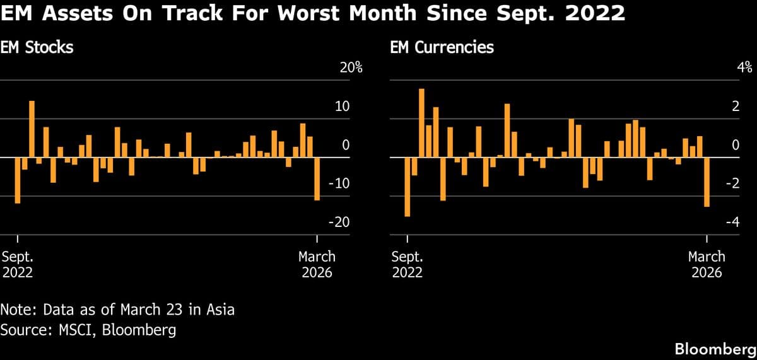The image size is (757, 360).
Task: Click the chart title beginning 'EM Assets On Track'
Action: point(313,14)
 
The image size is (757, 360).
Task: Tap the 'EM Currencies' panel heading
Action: point(442,47)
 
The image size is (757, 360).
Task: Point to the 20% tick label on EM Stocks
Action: point(351,68)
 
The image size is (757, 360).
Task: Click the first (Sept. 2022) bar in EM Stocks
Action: point(18,180)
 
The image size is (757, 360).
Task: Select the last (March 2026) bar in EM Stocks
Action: point(317,178)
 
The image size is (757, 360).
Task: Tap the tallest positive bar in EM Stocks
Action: point(32,129)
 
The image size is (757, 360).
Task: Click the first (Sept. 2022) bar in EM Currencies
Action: point(408,187)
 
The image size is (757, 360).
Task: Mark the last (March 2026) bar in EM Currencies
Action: point(707,182)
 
